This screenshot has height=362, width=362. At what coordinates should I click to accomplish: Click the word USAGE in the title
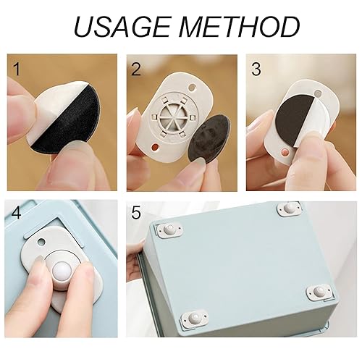pos(122,26)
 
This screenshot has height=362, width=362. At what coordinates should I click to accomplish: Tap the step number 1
pos(17,69)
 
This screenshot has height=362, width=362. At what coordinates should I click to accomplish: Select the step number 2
pos(135,69)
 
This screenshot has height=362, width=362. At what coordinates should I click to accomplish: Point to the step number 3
pos(256,69)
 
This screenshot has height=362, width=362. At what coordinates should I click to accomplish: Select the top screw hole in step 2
pos(193,88)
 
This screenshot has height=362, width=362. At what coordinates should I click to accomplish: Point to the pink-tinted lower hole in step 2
pos(154,147)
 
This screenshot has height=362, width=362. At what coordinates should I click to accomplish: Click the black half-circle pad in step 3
pos(295,119)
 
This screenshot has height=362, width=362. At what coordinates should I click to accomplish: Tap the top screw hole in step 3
pos(319,93)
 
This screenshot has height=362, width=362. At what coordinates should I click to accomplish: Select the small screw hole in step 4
pos(41,241)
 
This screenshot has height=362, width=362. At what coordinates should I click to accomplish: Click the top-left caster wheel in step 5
pos(169,230)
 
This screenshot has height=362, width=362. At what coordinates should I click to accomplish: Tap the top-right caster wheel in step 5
pos(289,208)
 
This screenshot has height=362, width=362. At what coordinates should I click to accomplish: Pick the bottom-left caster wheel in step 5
pos(195,319)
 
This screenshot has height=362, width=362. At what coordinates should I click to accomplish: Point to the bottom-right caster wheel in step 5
pos(319,292)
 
